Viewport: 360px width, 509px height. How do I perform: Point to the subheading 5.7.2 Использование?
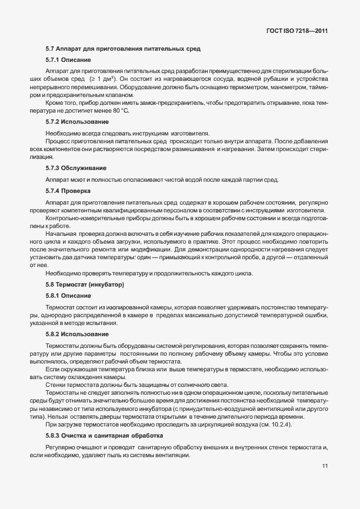tap(77, 122)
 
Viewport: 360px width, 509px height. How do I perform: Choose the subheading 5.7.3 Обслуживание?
tap(76, 168)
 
